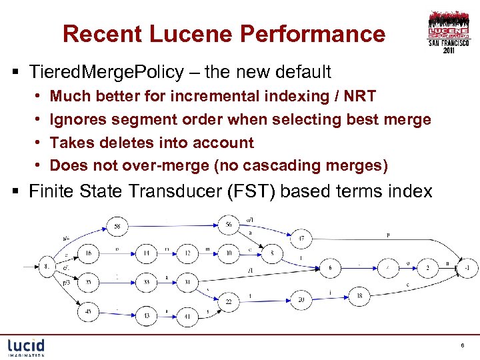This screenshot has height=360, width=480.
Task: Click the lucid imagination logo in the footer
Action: [27, 347]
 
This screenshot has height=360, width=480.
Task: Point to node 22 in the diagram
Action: [228, 302]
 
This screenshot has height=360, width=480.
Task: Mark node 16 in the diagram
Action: [88, 253]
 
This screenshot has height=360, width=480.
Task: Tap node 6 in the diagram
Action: [329, 267]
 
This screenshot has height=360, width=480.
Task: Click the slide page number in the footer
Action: [462, 345]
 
